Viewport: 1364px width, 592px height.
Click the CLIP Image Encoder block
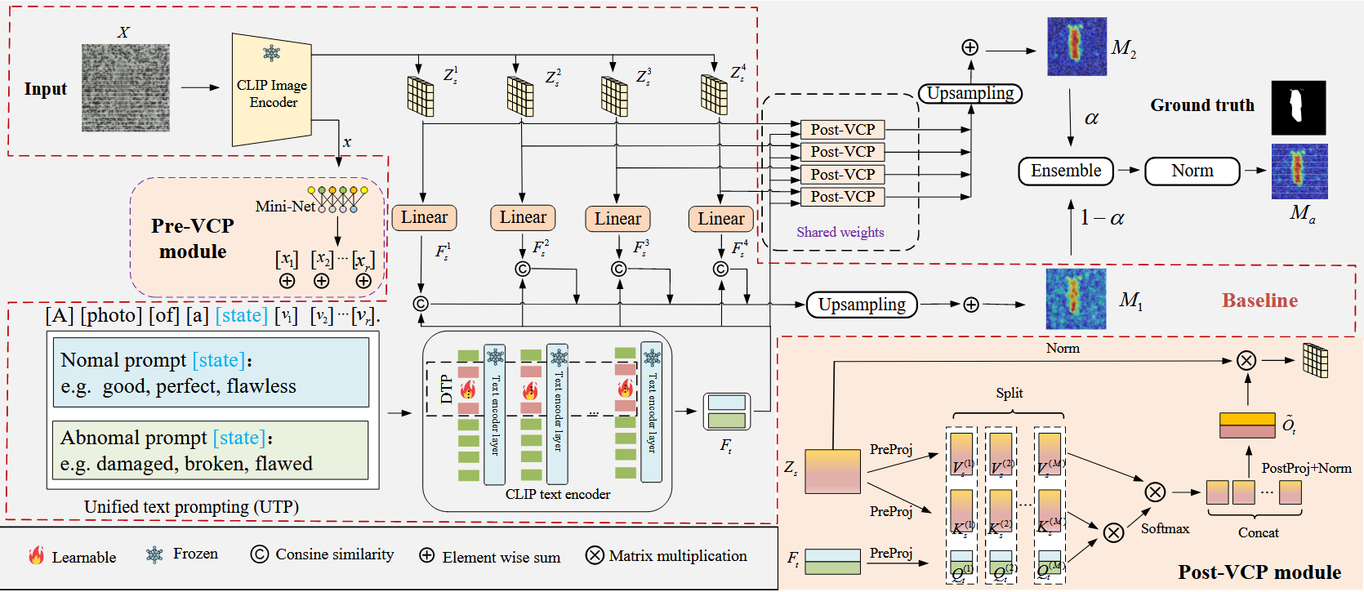point(272,91)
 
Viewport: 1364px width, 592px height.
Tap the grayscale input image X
point(126,88)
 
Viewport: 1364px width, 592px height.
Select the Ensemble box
point(1066,171)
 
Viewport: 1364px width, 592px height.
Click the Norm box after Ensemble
point(1192,171)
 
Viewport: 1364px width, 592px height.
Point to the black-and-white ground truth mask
point(1298,108)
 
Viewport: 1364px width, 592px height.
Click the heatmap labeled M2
point(1076,48)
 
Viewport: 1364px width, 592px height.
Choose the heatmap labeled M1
point(1076,300)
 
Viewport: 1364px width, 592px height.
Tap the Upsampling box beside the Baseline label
point(862,305)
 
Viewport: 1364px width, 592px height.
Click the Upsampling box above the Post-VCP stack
point(970,94)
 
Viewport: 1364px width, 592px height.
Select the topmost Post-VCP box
point(842,130)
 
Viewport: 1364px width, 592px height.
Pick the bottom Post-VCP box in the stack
point(842,197)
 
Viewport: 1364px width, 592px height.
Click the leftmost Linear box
point(424,218)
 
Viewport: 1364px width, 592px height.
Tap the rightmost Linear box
point(720,219)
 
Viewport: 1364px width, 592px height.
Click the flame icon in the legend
point(37,556)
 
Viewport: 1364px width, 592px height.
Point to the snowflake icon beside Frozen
point(154,555)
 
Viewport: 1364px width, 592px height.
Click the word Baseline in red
point(1259,300)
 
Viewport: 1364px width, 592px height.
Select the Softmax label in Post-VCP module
point(1165,529)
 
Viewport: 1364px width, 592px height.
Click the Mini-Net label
point(285,207)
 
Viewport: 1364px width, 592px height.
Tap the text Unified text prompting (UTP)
point(191,507)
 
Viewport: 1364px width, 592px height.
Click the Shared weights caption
point(840,233)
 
